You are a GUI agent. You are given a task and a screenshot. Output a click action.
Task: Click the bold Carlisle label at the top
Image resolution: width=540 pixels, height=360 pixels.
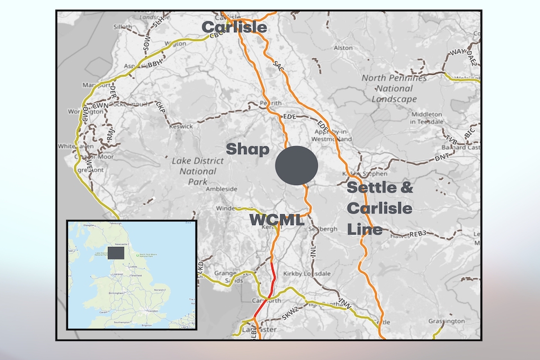[x=234, y=26]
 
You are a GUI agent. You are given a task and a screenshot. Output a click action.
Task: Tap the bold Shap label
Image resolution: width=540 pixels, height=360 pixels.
[x=247, y=149]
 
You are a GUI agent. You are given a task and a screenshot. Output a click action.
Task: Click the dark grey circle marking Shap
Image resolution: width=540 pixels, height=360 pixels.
[x=296, y=165]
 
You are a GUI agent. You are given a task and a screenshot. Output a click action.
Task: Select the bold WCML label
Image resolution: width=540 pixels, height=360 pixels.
[x=277, y=220]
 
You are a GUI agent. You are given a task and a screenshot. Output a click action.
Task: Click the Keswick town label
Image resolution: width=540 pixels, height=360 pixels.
[x=181, y=127]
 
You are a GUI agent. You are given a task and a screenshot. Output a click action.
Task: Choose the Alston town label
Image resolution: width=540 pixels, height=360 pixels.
[x=343, y=49]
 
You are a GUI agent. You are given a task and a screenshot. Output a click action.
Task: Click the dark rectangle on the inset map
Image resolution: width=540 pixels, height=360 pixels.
[x=116, y=253]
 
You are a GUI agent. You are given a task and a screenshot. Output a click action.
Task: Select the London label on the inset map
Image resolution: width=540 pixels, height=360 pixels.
[x=150, y=310]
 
